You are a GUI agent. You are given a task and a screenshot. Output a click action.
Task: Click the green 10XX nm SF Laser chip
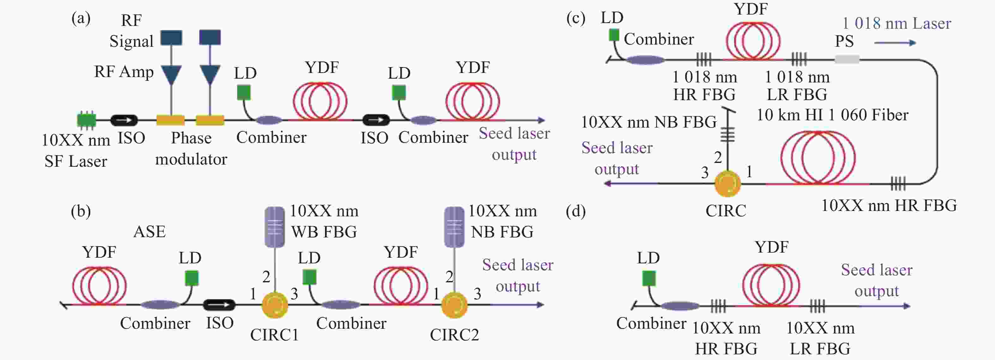pos(87,120)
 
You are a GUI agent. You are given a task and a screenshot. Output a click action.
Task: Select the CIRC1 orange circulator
pos(274,305)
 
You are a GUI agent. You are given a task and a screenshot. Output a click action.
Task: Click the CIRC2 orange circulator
pos(454,305)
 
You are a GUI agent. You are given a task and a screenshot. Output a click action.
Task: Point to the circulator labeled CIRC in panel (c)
pos(728,183)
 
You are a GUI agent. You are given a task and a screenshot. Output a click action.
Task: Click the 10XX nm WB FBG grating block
pos(274,227)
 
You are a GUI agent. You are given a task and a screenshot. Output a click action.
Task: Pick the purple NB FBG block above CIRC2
pos(454,227)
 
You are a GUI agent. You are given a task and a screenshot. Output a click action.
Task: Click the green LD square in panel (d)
pos(649,278)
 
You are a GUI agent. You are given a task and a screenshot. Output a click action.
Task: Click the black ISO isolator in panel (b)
pos(219,305)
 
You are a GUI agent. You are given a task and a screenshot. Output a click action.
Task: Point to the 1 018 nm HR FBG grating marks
pos(704,59)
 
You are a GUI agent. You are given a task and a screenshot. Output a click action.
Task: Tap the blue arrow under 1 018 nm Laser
pos(895,43)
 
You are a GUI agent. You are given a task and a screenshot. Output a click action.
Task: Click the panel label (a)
pos(81,18)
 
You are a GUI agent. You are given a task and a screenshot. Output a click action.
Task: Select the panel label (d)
pos(576,211)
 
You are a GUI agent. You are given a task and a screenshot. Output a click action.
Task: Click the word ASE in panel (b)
pos(149,232)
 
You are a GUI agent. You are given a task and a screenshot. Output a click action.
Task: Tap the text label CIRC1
pos(274,335)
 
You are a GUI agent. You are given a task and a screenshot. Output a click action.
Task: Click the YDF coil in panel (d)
pos(771,285)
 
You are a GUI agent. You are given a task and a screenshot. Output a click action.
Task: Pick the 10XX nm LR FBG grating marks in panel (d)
pos(817,306)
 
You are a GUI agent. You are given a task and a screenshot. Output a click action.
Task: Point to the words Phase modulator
pos(191,149)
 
